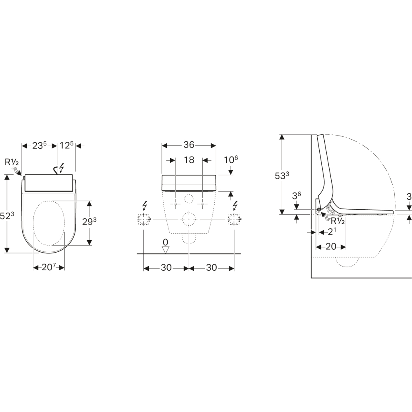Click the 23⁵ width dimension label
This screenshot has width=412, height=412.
coord(40,145)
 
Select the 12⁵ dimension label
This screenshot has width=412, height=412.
coord(66,145)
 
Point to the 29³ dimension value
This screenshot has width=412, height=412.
coord(89,222)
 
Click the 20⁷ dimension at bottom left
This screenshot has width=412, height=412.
coord(49,267)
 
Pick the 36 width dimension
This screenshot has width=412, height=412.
coord(189,145)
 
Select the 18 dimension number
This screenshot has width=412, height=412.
coord(189,160)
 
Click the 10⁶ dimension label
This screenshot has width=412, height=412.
coord(231,159)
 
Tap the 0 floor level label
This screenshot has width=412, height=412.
coord(165,242)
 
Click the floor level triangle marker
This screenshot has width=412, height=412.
coord(165,250)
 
